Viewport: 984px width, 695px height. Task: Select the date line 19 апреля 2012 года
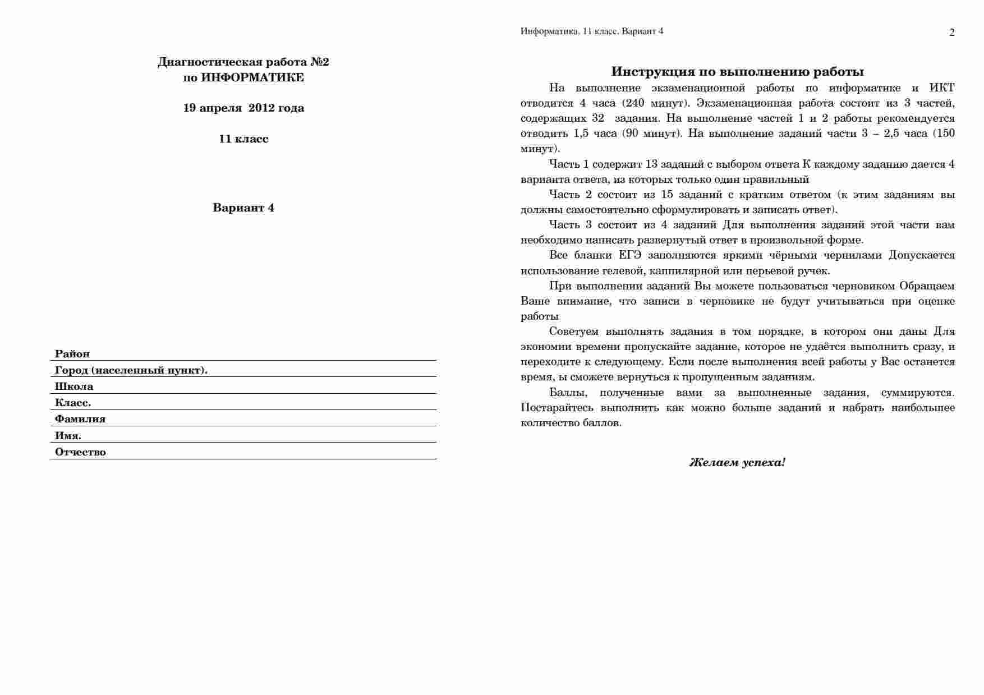coord(243,108)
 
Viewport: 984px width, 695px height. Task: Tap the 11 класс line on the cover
coord(243,139)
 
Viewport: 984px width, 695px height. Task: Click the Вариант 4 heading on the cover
coord(243,208)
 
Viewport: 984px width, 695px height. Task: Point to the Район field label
coord(72,354)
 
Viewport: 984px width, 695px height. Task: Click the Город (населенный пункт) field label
coord(131,370)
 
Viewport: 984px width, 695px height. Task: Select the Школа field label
coord(74,386)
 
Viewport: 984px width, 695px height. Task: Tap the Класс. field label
coord(73,403)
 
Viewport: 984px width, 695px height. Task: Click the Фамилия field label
coord(80,419)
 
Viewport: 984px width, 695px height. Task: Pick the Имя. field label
coord(68,436)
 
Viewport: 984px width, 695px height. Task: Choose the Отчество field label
coord(80,452)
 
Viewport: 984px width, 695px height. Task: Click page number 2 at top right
coord(951,33)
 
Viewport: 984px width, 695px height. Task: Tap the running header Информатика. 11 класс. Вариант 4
coord(592,31)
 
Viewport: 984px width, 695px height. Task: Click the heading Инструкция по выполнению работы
coord(737,72)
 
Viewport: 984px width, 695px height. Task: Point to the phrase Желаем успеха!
coord(737,463)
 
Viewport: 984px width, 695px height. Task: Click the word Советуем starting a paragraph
coord(574,332)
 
